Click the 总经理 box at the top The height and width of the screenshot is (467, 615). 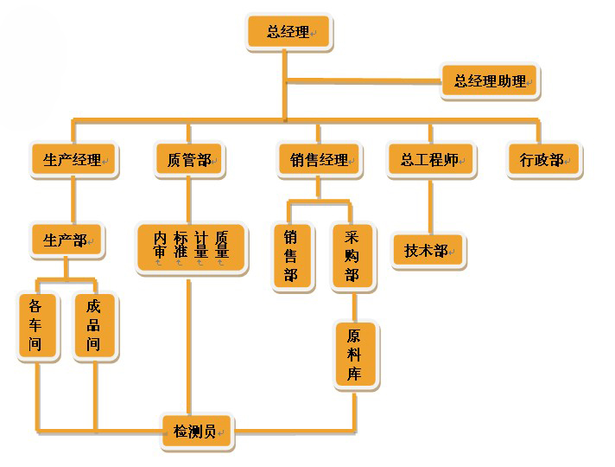pos(288,32)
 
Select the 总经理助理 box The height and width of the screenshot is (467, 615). pos(490,82)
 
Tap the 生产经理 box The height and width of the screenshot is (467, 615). pos(73,160)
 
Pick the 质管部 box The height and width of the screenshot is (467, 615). pos(189,160)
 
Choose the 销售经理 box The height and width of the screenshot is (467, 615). pos(319,160)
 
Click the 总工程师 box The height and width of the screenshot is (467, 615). pos(429,160)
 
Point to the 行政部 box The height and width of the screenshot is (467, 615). pos(542,160)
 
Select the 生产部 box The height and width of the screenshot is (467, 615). pos(66,240)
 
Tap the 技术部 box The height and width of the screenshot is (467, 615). pos(427,251)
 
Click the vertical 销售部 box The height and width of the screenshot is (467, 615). pos(291,257)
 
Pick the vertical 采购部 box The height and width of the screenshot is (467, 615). pos(352,257)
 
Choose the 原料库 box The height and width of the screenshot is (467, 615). pos(355,355)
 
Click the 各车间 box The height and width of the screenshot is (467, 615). pos(36,326)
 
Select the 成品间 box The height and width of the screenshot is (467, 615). pos(93,326)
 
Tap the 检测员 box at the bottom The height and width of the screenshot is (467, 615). pos(196,431)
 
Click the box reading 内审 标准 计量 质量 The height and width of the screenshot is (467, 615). pos(191,247)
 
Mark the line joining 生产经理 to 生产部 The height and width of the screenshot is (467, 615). pos(73,200)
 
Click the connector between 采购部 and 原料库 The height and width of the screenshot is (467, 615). pos(354,305)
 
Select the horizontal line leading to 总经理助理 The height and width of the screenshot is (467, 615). pos(363,82)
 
